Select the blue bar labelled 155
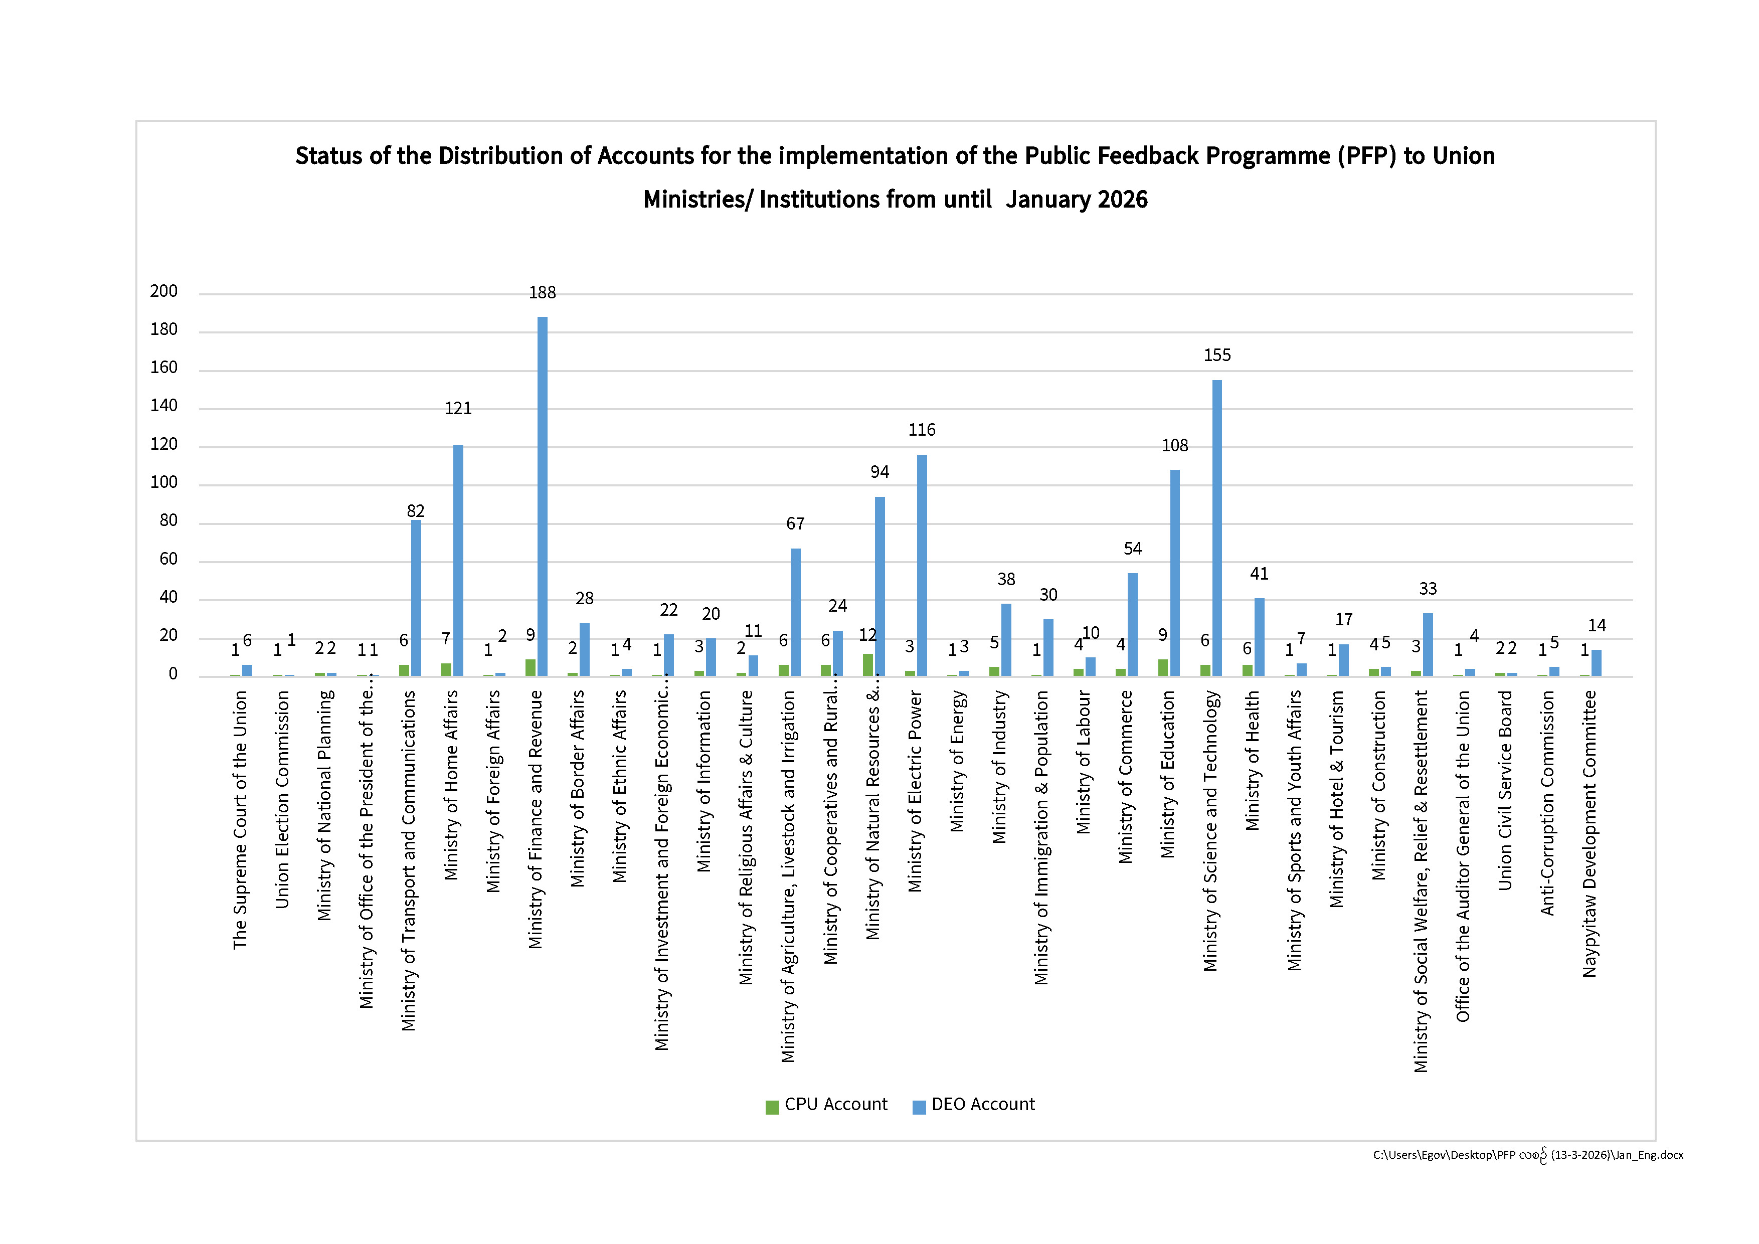pyautogui.click(x=1216, y=528)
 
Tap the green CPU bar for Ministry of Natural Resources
pyautogui.click(x=867, y=665)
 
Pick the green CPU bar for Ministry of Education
pyautogui.click(x=1163, y=668)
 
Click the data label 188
pyautogui.click(x=543, y=293)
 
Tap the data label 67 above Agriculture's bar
pyautogui.click(x=795, y=524)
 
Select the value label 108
pyautogui.click(x=1174, y=446)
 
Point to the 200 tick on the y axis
pyautogui.click(x=164, y=291)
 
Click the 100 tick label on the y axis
pyautogui.click(x=164, y=482)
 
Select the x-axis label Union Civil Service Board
pyautogui.click(x=1505, y=791)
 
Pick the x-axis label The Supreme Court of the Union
pyautogui.click(x=240, y=820)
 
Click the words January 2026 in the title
pyautogui.click(x=1077, y=200)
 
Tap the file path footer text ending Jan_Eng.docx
pyautogui.click(x=1528, y=1155)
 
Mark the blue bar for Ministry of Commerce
pyautogui.click(x=1132, y=624)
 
